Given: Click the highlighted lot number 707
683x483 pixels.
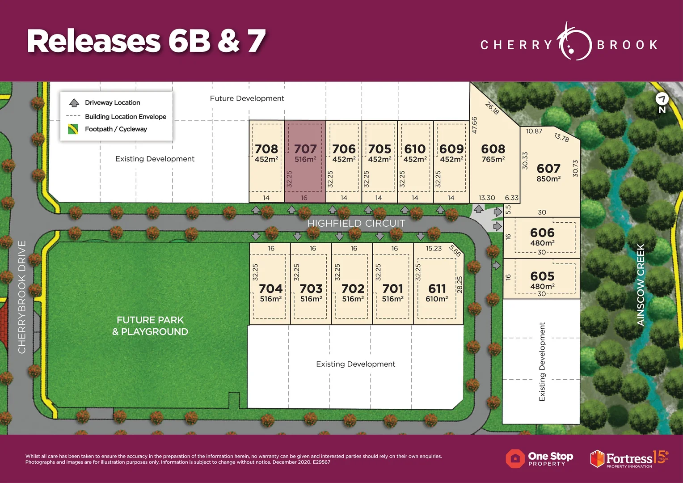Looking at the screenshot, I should [x=305, y=149].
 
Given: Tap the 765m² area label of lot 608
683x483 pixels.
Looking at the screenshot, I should [x=493, y=159].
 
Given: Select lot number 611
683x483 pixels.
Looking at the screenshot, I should [x=437, y=289].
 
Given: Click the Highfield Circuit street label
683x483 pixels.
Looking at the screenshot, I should [x=356, y=223].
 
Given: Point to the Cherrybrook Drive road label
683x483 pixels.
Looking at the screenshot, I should [x=22, y=297].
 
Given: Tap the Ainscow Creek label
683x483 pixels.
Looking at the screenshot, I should [x=641, y=285].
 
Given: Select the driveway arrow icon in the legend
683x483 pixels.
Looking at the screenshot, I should [x=74, y=103].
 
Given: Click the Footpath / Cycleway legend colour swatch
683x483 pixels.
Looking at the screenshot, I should [x=73, y=129].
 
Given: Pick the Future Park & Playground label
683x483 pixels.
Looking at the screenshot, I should [x=150, y=326].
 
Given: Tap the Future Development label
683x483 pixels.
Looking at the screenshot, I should [x=247, y=98].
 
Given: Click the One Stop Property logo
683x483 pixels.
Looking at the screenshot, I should [x=540, y=459].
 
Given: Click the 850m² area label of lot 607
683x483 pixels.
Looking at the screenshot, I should [x=548, y=179].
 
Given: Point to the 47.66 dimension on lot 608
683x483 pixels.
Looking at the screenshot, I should [x=475, y=125].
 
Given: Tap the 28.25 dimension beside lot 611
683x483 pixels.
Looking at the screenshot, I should [x=460, y=284].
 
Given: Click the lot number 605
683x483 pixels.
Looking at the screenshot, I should [x=542, y=276].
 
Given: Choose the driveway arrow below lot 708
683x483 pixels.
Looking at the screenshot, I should [x=256, y=210].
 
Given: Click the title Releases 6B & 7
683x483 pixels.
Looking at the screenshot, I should [x=146, y=41].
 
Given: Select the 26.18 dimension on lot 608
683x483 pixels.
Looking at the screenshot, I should [x=492, y=108].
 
